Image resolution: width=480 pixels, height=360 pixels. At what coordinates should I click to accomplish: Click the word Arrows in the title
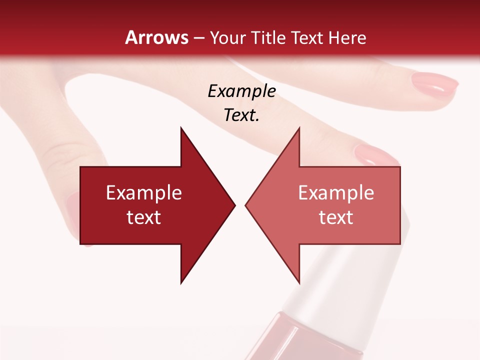point(156,37)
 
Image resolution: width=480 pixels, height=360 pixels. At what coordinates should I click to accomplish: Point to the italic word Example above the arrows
point(241,91)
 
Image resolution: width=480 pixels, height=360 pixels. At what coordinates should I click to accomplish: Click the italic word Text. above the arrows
point(241,115)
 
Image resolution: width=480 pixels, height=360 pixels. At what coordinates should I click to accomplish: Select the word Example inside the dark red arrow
point(144,193)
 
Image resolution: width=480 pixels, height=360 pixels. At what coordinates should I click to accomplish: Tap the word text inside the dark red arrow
point(144,217)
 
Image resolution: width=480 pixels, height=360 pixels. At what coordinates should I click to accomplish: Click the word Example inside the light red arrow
point(336,193)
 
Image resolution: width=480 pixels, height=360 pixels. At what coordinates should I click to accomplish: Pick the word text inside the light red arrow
point(336,217)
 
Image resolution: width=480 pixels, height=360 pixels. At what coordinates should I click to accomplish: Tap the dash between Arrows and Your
point(198,38)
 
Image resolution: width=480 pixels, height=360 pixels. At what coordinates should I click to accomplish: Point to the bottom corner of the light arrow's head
point(299,282)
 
